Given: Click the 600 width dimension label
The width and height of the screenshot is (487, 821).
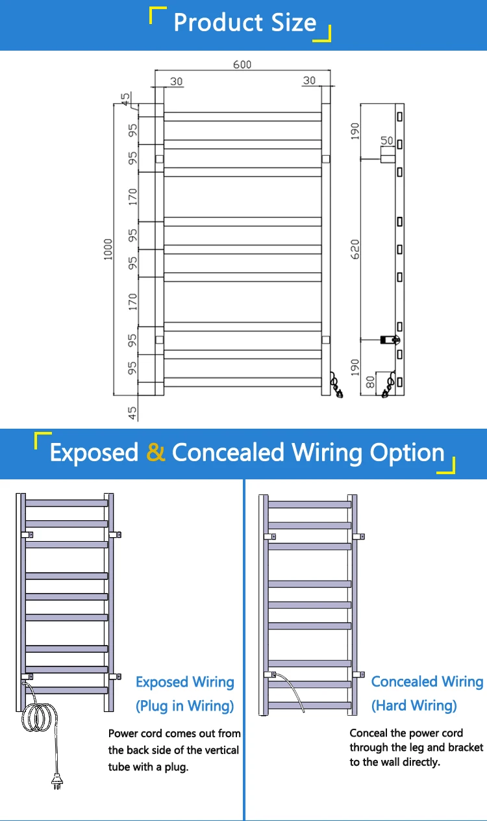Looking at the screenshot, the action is tap(242, 64).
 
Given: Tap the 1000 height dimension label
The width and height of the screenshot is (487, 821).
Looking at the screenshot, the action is tap(108, 249).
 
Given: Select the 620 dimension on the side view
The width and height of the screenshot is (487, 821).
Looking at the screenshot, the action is tap(355, 249).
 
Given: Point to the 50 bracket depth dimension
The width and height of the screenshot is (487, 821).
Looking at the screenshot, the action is tap(387, 141).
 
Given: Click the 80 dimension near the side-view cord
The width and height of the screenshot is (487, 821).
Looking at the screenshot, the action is tap(371, 383).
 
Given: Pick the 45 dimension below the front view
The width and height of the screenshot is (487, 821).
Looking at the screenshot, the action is tap(132, 413).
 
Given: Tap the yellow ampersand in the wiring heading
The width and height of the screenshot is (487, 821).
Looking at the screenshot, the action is tap(155, 452).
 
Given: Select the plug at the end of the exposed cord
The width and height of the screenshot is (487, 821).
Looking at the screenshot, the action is tap(56, 781).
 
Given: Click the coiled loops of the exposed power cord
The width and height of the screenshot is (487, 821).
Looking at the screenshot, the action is tap(39, 717).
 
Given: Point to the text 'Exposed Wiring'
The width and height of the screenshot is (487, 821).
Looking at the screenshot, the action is tap(184, 682).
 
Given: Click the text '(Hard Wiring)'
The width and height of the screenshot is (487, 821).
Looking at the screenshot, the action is tap(414, 705).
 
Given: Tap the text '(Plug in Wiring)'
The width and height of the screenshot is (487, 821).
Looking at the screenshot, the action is tap(184, 705).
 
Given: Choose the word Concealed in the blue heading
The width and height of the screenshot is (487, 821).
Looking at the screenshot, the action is tap(228, 452).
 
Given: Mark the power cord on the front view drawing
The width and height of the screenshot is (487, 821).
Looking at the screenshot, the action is tap(337, 385).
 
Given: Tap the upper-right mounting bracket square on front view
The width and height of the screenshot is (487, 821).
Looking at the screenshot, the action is tap(326, 159).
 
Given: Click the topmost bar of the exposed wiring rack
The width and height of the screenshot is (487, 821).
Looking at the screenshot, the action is tap(67, 503).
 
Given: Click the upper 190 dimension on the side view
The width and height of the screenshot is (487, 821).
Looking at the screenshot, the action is tap(355, 131).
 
